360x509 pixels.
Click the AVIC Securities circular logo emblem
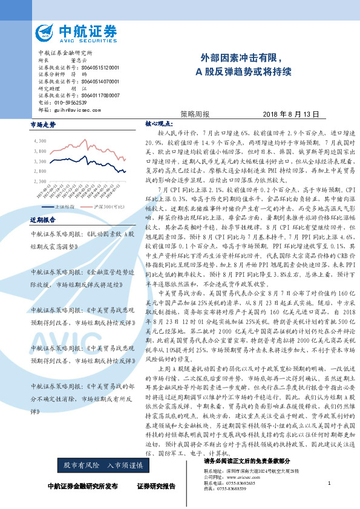pyautogui.click(x=47, y=32)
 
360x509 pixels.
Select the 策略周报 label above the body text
pyautogui.click(x=195, y=114)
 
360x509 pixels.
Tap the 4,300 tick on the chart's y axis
pyautogui.click(x=41, y=140)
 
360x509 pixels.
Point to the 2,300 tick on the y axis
pyautogui.click(x=41, y=181)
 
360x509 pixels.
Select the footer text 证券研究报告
pyautogui.click(x=156, y=486)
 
